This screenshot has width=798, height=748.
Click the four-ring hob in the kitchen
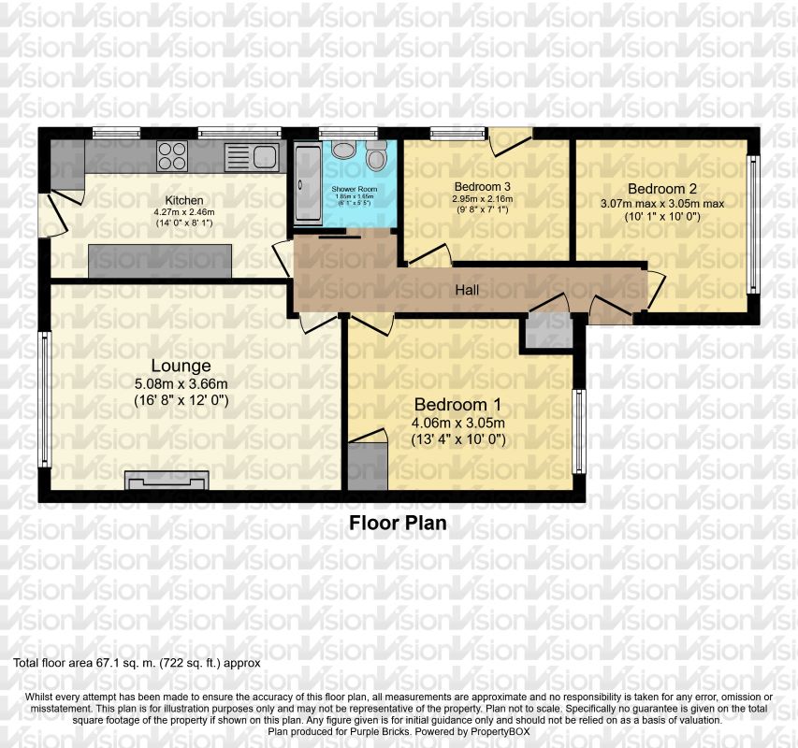pos(172,155)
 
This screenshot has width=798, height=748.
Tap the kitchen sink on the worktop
pos(252,155)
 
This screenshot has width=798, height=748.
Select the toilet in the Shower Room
pos(377,156)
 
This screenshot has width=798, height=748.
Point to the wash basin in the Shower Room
pos(341,151)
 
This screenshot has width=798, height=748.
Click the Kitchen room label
pos(184,200)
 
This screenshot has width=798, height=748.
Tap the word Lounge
pos(181,366)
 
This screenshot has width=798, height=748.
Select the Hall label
pos(467,291)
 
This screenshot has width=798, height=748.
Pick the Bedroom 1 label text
pos(457,405)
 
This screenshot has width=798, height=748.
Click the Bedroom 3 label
pos(482,185)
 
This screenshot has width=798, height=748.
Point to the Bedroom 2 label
pos(661,187)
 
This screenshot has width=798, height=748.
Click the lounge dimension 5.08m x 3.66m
pos(181,383)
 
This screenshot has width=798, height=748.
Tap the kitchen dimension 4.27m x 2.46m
pos(184,212)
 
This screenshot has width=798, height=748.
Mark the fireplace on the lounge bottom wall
pos(167,481)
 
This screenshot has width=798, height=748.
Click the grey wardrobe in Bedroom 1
pos(366,465)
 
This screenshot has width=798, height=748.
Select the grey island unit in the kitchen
pos(160,261)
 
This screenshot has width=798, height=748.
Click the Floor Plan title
pos(398,524)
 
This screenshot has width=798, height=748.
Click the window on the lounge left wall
pos(43,398)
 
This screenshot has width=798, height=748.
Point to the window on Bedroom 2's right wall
pos(752,224)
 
